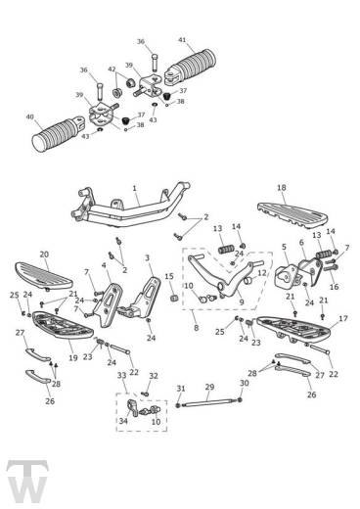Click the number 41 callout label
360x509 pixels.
tap(182, 40)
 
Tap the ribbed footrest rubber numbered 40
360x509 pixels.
tap(53, 135)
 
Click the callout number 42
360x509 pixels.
tap(112, 69)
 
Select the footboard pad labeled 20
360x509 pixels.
tap(43, 275)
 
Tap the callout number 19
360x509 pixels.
tap(73, 357)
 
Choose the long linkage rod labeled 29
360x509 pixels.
tap(208, 402)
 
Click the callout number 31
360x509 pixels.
tap(181, 389)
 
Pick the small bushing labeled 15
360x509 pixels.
tap(175, 298)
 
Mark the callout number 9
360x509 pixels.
tap(242, 302)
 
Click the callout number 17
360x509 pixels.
tap(343, 318)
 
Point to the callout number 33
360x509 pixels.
tap(121, 376)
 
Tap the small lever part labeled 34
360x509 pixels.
tap(133, 406)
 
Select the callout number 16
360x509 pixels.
tap(335, 287)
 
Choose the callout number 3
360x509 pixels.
tap(147, 258)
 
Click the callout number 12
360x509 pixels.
tap(262, 272)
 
